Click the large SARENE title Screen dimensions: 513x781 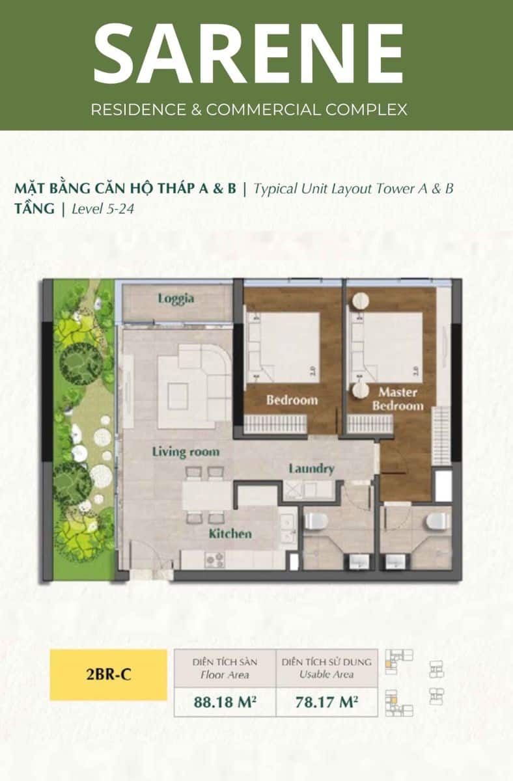[249, 53]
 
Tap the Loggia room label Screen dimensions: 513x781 [176, 299]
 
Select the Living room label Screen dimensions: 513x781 [186, 452]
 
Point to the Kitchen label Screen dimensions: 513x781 [230, 534]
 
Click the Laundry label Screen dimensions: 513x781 [311, 469]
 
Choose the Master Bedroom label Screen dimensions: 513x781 [398, 399]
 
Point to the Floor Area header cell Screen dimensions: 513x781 [225, 668]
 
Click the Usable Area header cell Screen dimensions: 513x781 [327, 668]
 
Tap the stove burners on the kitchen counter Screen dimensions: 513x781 [215, 560]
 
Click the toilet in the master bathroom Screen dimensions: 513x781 [437, 521]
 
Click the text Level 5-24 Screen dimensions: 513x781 [103, 209]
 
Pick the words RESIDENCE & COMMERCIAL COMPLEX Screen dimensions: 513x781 [249, 109]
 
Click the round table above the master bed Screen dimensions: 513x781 [360, 301]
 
